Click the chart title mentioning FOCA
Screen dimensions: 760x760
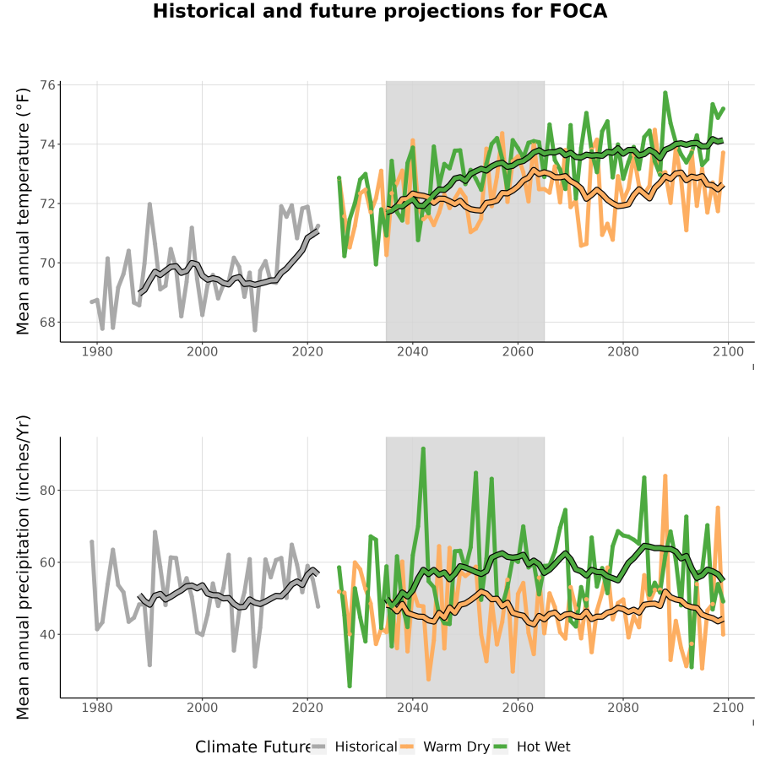[380, 11]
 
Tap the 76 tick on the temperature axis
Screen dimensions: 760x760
[47, 84]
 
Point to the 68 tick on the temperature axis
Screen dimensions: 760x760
[47, 323]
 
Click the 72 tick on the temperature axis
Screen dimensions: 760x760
[47, 204]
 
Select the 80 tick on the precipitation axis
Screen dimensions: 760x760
[47, 491]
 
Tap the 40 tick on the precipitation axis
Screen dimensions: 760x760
[47, 634]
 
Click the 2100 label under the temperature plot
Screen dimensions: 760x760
[728, 351]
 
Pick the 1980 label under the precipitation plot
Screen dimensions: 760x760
[97, 708]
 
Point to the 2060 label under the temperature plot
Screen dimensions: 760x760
[518, 351]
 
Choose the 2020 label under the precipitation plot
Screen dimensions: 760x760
[307, 708]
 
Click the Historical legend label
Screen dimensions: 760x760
[366, 747]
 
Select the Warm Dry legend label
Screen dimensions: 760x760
[457, 747]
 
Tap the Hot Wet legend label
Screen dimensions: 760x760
[544, 747]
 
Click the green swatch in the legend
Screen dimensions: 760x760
[500, 747]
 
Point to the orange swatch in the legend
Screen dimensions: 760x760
[407, 747]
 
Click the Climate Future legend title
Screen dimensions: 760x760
[253, 747]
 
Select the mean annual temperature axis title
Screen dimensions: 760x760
[23, 211]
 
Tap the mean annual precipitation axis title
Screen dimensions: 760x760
[23, 567]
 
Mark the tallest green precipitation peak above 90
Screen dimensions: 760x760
[423, 449]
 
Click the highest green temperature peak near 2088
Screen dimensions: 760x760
[665, 93]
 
